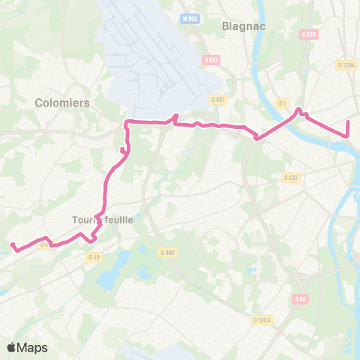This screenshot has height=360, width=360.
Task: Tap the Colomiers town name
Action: click(62, 103)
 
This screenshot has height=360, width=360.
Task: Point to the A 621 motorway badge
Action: click(211, 61)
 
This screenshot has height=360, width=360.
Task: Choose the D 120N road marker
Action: click(346, 64)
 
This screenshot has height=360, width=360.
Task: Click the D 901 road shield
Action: click(218, 100)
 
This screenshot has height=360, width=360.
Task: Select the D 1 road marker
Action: click(283, 103)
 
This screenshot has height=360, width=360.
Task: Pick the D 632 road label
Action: click(292, 178)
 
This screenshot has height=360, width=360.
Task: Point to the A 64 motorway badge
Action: click(301, 299)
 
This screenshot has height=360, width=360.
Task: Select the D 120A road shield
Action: click(262, 320)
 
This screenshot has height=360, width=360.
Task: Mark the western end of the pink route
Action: click(12, 244)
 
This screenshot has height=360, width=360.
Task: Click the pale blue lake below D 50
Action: click(107, 279)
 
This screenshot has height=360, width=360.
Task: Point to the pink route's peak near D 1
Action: click(298, 109)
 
